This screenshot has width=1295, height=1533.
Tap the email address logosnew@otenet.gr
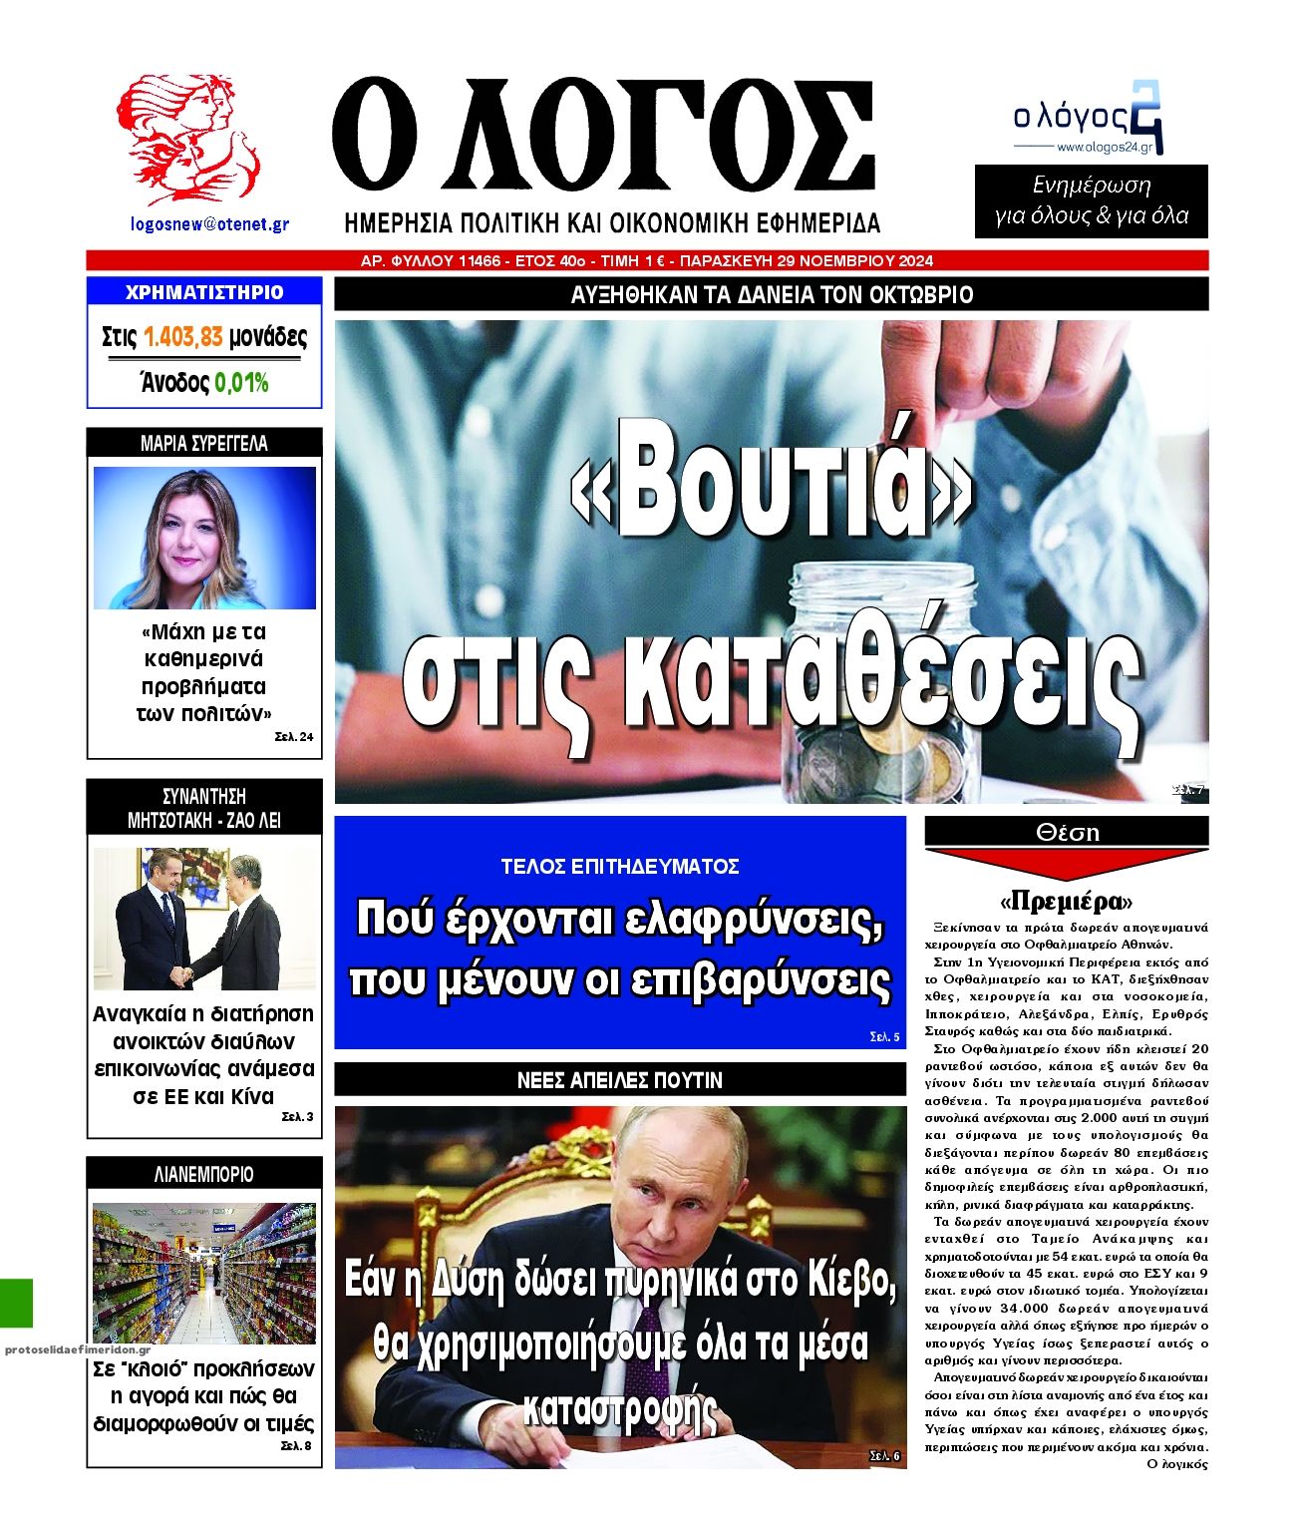click(209, 224)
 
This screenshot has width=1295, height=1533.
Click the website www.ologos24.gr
click(1104, 148)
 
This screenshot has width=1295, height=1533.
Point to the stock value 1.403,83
click(182, 337)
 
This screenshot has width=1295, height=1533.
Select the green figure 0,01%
click(241, 383)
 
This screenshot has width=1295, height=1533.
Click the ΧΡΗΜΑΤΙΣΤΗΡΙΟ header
click(204, 292)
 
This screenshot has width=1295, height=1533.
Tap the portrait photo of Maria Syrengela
click(204, 538)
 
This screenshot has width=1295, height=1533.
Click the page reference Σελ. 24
click(294, 737)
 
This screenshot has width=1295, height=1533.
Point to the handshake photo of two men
click(204, 919)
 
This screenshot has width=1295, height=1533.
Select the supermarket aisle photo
click(204, 1272)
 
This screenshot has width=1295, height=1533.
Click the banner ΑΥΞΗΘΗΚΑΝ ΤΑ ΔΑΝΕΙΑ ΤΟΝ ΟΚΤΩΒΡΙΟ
click(771, 295)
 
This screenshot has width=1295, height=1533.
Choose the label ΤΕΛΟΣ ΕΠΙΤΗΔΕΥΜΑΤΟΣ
click(619, 866)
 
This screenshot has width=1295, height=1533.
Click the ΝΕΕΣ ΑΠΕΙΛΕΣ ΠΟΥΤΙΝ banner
click(619, 1080)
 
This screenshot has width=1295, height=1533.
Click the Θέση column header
click(1066, 832)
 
